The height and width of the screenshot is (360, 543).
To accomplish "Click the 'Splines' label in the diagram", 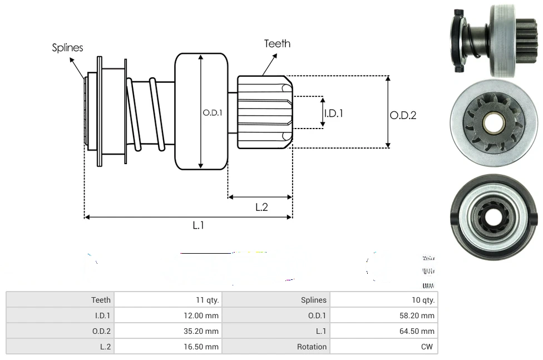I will pos(67,48).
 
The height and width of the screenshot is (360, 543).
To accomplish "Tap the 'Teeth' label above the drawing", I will pos(277,43).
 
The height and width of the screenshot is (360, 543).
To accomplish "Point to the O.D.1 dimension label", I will pos(213,112).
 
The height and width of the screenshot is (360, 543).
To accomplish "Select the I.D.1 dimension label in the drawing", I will pos(333,113).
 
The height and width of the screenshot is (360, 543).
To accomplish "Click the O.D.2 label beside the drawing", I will pos(403,115).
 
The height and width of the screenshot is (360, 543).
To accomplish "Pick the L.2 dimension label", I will pos(261,207).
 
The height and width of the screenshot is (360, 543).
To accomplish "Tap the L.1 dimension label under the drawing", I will pos(199,225).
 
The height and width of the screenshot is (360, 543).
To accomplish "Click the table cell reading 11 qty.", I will pos(207,300).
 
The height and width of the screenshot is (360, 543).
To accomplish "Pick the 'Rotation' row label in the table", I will pos(312,347).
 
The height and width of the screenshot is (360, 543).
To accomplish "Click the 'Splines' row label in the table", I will pos(314,300).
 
